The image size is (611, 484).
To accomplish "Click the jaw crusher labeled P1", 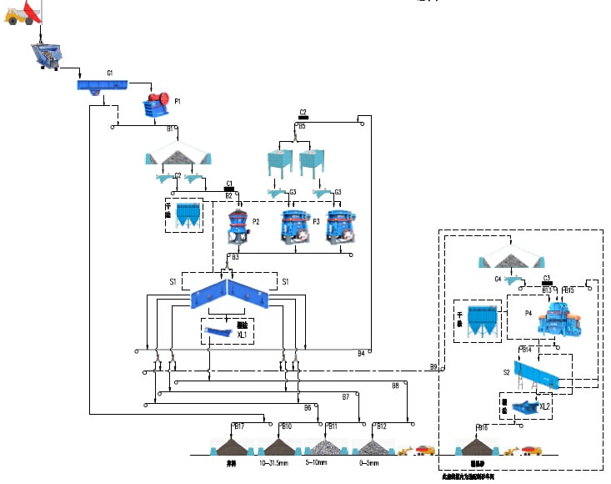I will click(158, 106).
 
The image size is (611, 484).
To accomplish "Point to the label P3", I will click(314, 222).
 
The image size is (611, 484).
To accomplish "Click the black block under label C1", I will click(228, 189).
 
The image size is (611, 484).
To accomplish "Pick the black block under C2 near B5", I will click(303, 118).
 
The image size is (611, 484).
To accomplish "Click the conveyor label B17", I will click(239, 427).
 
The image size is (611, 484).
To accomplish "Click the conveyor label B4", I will click(361, 353).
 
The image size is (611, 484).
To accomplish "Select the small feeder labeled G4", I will click(498, 279).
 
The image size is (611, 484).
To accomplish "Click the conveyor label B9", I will click(433, 367).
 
